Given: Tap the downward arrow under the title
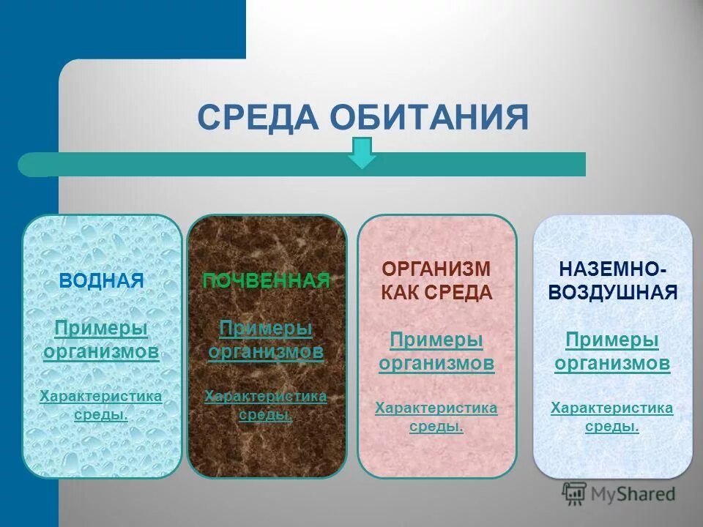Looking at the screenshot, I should click(x=361, y=153).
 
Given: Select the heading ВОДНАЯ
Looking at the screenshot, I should click(x=101, y=280).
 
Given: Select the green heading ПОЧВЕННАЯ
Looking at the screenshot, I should click(x=266, y=280).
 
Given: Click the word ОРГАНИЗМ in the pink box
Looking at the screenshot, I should click(x=436, y=270).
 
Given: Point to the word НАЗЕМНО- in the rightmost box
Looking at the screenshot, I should click(x=611, y=270).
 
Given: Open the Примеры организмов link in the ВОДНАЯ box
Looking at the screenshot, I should click(x=101, y=340).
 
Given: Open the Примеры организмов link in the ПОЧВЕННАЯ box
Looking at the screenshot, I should click(x=266, y=340).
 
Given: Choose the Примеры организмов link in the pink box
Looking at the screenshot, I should click(x=436, y=351).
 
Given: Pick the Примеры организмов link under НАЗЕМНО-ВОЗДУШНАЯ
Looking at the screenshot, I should click(x=611, y=351).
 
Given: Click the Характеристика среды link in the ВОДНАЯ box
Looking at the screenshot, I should click(x=101, y=405).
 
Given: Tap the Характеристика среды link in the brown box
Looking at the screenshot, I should click(x=266, y=405).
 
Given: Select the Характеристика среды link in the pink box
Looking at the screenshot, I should click(x=436, y=416).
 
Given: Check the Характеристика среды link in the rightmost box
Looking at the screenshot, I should click(x=611, y=416).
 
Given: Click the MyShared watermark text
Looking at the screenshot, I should click(x=633, y=494).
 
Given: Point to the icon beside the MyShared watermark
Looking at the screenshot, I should click(x=574, y=493).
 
